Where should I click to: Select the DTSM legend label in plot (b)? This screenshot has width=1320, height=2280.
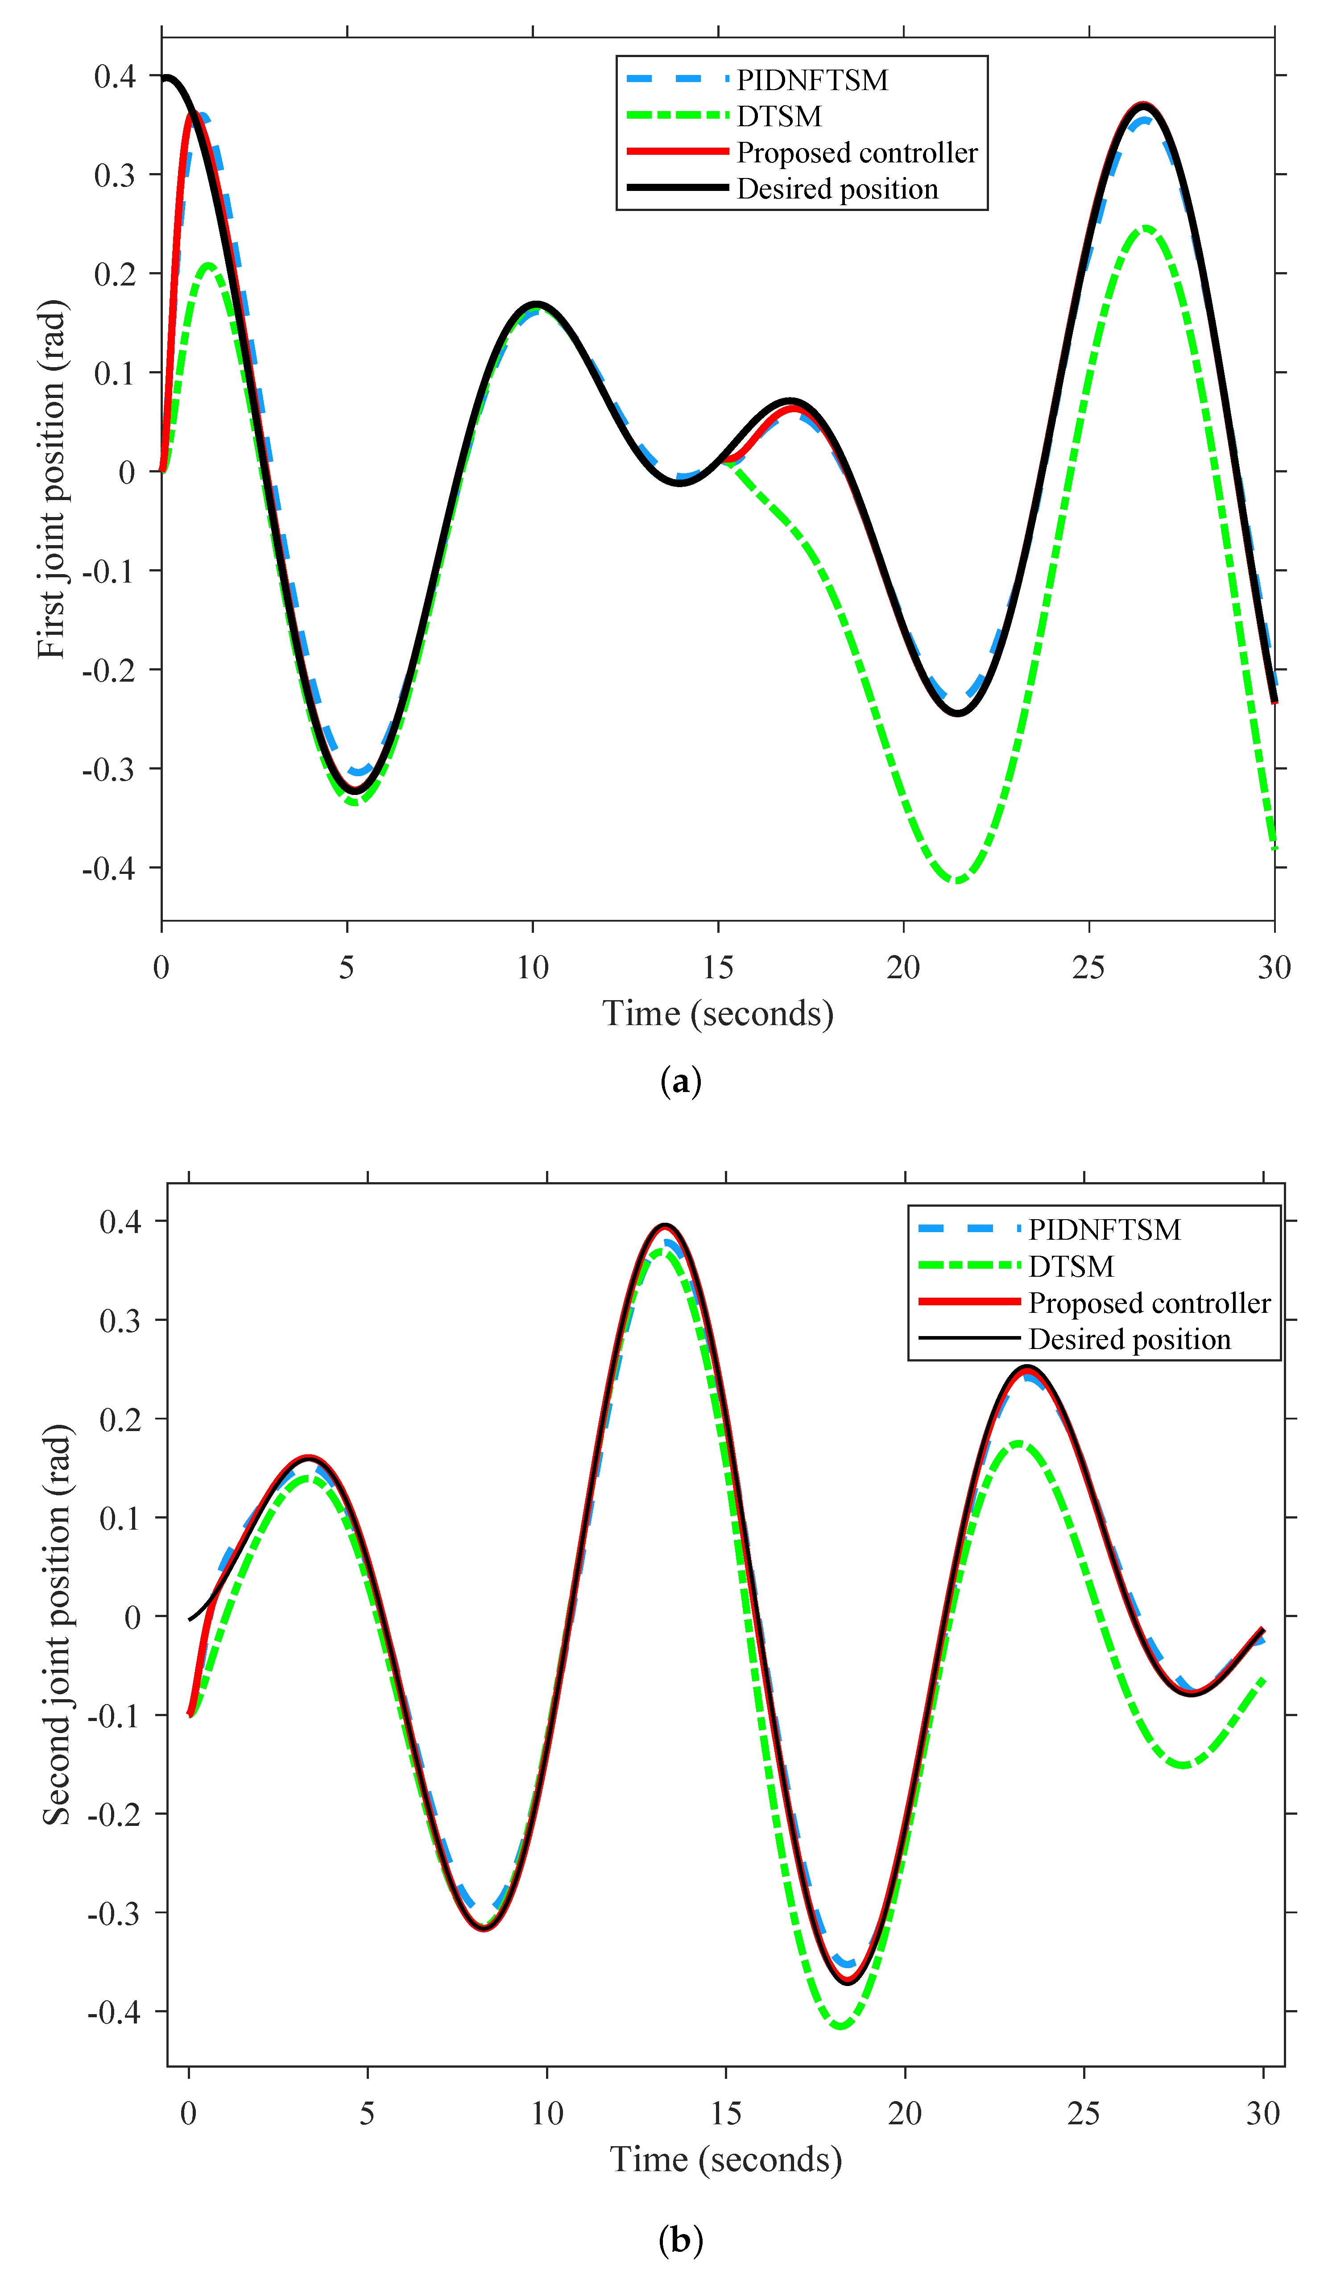(x=1070, y=1266)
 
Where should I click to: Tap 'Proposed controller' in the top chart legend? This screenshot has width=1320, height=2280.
(x=856, y=153)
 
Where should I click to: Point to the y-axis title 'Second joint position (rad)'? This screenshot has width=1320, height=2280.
(x=56, y=1624)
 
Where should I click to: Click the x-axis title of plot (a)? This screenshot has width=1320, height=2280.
(x=717, y=1014)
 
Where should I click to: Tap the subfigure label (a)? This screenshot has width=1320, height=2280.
(x=680, y=1081)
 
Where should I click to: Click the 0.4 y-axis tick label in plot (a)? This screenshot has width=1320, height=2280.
(x=115, y=76)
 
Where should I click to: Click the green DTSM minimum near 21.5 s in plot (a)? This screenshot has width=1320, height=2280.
(x=956, y=879)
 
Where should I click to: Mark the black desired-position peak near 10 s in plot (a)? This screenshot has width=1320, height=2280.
(x=537, y=304)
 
